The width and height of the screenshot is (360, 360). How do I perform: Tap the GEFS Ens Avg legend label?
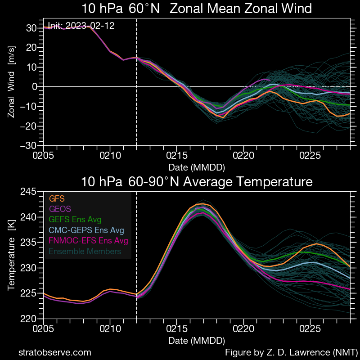point(74,220)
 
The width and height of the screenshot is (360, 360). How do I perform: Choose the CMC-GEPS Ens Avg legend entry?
point(85,230)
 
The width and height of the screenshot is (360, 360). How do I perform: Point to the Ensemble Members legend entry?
point(84,252)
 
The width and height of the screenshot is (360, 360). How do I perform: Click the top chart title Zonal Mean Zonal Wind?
point(197,9)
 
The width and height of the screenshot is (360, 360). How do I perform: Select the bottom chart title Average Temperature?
point(197,182)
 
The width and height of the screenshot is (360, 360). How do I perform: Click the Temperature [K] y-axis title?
point(12,256)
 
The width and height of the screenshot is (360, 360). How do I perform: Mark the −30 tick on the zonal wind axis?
point(31,146)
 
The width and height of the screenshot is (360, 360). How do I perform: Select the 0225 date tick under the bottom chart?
point(310,329)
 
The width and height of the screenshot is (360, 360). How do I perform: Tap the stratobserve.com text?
point(54,352)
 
